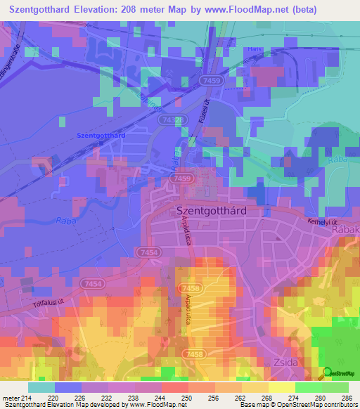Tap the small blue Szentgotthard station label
101,135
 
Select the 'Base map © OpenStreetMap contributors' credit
297,405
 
